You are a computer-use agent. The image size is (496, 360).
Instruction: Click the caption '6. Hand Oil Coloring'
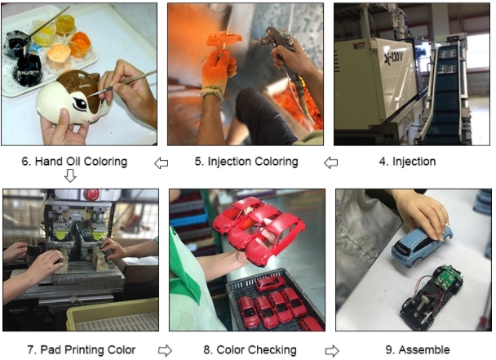point(74,162)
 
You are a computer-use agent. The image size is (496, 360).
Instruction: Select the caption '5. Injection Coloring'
point(246,162)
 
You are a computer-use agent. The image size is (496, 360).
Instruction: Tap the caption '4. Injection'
point(407,162)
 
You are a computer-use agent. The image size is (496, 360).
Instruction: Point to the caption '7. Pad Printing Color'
point(82,350)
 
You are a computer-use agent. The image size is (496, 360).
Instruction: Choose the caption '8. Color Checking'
point(250,350)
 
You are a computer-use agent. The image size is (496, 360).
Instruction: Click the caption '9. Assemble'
point(418,350)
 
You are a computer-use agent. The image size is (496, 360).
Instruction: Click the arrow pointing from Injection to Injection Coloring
point(331,163)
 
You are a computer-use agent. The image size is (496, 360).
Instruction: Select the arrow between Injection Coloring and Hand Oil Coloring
point(161,163)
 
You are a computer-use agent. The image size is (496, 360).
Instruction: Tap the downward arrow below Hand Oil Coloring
point(70,176)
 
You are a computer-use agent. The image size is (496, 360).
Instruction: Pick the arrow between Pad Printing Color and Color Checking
point(165,350)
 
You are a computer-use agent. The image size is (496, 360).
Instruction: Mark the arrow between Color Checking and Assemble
point(332,351)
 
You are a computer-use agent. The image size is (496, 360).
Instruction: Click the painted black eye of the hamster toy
point(81,104)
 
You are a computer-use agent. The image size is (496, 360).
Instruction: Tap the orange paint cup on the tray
point(81,44)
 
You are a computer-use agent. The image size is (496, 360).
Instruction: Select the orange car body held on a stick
point(224,39)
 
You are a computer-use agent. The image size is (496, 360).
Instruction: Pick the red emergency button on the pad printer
point(93,193)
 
